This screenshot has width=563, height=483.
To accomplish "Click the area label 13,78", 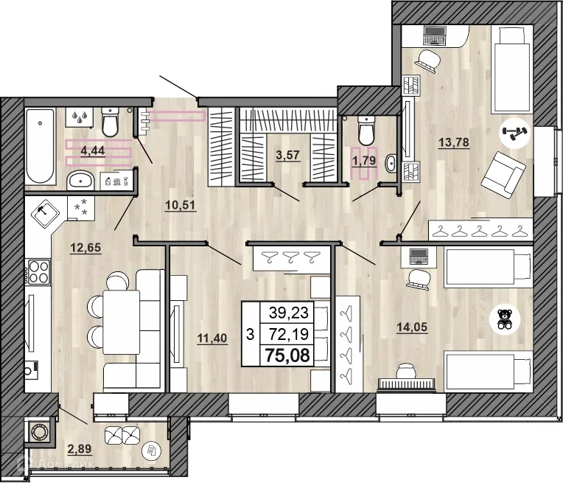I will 454,142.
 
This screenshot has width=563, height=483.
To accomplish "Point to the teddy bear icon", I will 506,319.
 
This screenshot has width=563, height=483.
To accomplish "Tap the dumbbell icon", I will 511,134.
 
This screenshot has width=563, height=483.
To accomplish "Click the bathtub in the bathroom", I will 41,146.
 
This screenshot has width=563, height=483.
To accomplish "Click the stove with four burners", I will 38,271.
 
